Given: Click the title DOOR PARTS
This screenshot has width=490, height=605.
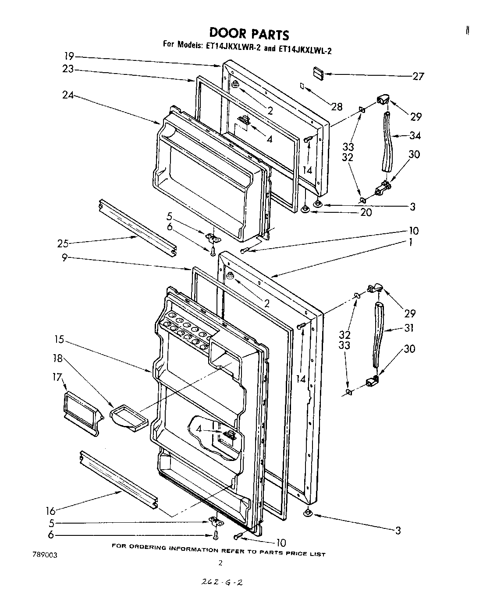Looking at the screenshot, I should click(x=249, y=34).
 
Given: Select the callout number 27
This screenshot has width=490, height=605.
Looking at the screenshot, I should click(x=418, y=77).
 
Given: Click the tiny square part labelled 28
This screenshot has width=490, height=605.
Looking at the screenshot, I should click(x=302, y=86).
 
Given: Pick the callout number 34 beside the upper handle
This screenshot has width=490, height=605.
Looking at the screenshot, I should click(x=415, y=136).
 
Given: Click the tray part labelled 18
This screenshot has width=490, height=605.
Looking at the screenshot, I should click(x=128, y=416).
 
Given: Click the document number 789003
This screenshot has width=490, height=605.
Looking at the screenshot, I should click(x=45, y=554).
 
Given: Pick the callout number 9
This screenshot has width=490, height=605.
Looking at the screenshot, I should click(x=64, y=258).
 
